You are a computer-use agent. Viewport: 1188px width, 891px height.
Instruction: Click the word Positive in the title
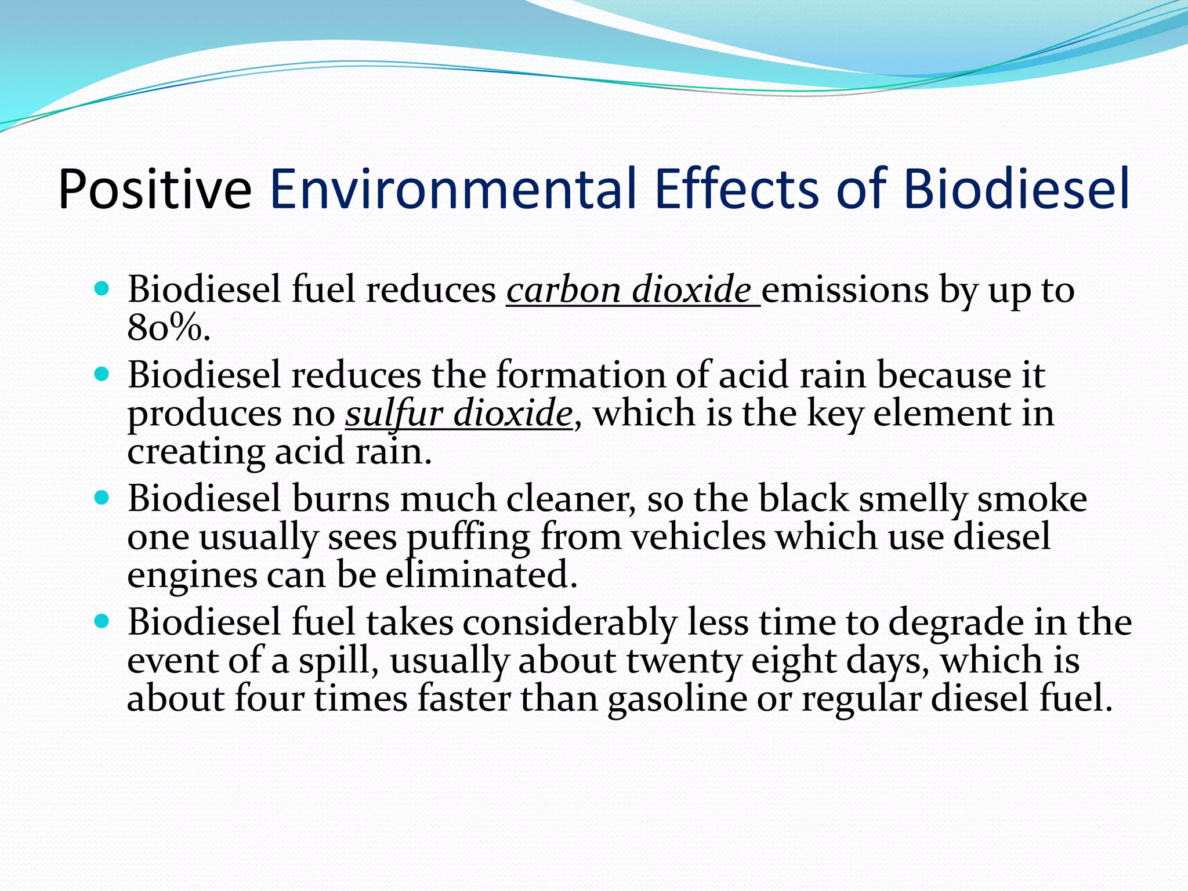[155, 189]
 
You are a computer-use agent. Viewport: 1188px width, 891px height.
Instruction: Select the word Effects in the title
[737, 189]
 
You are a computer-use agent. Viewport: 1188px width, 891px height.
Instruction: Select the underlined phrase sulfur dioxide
[459, 414]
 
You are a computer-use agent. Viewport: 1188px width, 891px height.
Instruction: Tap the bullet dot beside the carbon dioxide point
[102, 288]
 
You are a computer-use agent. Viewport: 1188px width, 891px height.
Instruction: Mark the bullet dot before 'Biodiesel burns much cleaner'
[102, 498]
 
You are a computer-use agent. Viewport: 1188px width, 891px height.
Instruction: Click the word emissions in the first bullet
[845, 289]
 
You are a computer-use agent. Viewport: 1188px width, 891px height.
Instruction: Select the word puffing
[468, 538]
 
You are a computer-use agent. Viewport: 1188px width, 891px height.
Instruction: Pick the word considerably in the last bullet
[569, 622]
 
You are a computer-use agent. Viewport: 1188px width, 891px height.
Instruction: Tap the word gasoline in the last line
[677, 698]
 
